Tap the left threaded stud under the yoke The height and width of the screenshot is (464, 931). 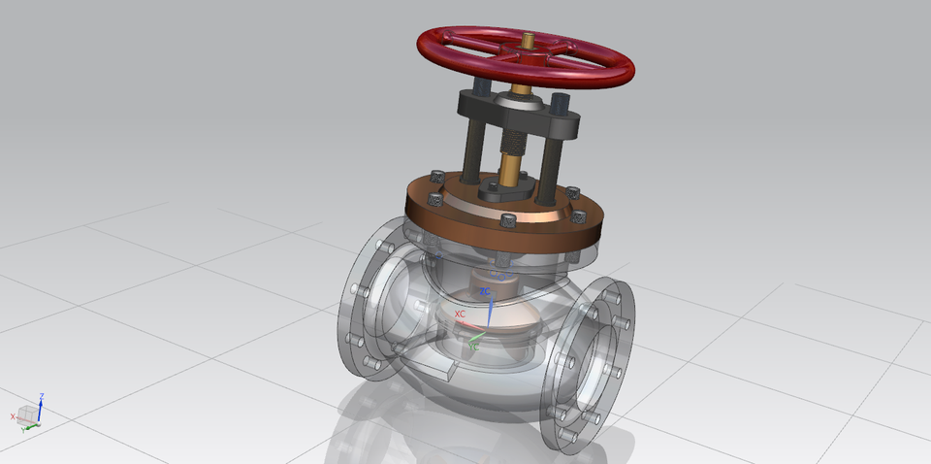[471, 146]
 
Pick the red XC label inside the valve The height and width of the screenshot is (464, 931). [460, 315]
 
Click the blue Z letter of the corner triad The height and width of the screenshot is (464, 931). [42, 396]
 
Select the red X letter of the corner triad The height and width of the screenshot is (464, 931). [13, 416]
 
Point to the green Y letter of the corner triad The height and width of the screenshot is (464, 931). [22, 428]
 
